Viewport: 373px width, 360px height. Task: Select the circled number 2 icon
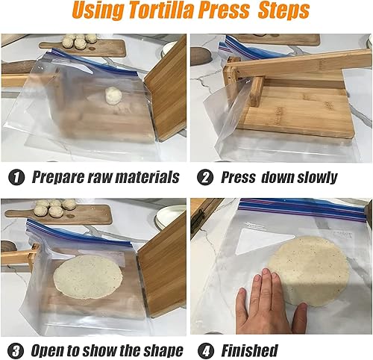(x=203, y=178)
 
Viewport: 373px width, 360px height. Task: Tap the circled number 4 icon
(x=203, y=350)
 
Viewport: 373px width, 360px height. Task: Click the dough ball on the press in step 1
(x=113, y=95)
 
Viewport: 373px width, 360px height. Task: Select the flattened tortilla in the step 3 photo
(x=88, y=276)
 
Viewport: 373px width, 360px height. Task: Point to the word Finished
(x=248, y=350)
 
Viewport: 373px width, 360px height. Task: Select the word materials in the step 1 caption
(x=141, y=178)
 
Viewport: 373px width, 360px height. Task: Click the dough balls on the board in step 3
(x=56, y=205)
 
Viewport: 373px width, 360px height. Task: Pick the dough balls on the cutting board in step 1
(x=79, y=40)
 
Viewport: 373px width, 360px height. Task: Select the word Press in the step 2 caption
(x=239, y=178)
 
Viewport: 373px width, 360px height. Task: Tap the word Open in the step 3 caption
(x=48, y=350)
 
